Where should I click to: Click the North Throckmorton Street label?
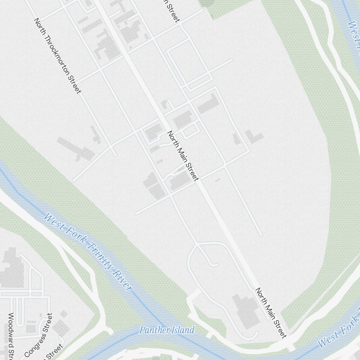(x=58, y=56)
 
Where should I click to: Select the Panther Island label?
(x=167, y=330)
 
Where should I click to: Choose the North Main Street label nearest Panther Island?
(x=271, y=312)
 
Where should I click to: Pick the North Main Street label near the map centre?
(x=183, y=156)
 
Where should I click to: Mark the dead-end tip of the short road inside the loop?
(x=216, y=265)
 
